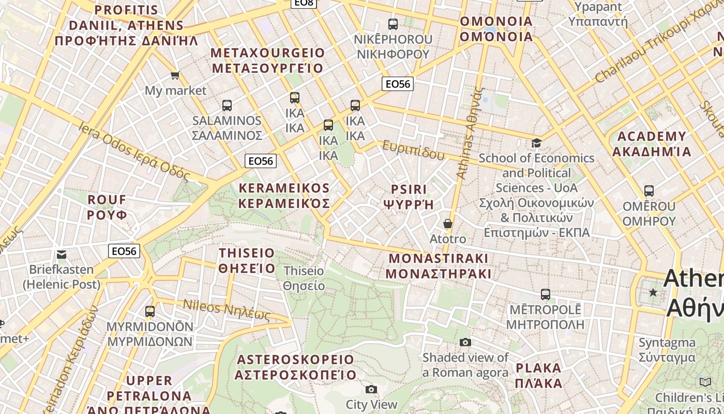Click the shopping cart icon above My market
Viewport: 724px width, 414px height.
175,76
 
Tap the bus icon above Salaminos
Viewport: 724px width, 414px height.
227,106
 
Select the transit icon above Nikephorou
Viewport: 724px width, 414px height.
393,24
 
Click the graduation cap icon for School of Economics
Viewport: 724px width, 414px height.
536,143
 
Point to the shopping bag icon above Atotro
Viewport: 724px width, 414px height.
448,224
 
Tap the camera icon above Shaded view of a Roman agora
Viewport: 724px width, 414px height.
465,342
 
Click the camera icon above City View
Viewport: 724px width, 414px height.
371,389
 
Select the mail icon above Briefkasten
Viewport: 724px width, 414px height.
62,254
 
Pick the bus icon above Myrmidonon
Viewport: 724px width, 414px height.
150,312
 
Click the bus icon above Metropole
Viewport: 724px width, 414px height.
546,294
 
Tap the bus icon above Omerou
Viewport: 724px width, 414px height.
649,191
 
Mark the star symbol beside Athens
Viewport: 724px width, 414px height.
654,293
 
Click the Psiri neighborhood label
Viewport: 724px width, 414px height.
409,196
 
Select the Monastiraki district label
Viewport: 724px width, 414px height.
439,265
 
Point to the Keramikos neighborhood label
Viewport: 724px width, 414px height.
284,196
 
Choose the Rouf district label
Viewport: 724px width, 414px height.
107,207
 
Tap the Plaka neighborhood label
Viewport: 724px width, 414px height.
538,376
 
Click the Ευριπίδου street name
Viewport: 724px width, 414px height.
413,151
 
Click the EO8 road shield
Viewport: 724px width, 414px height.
304,3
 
